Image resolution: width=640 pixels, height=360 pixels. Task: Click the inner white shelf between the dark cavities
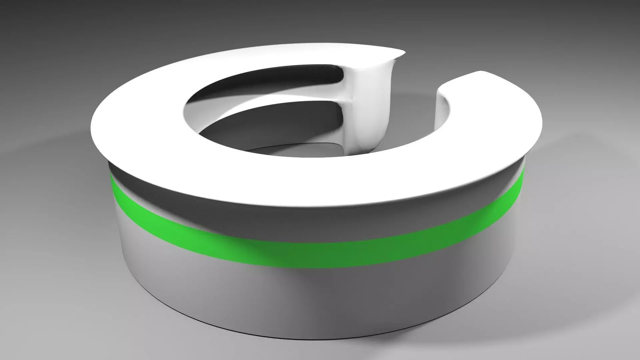(267, 97)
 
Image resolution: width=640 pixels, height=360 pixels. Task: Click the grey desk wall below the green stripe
(300, 293)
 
